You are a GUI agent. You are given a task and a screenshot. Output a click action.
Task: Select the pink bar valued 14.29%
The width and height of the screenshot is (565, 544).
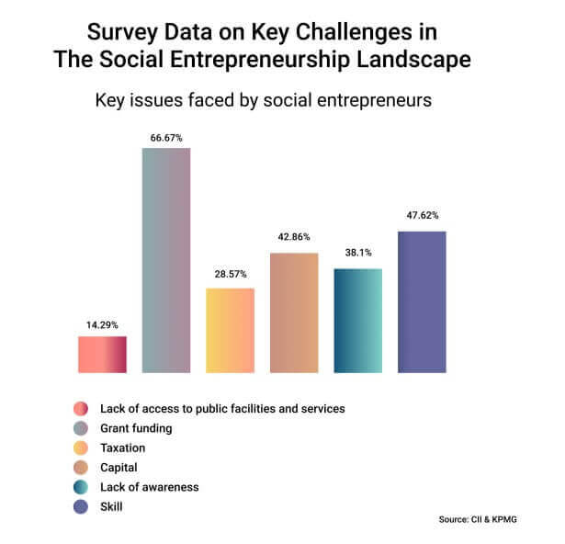(102, 354)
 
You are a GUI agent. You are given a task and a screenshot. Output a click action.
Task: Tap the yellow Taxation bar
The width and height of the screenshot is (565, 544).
(230, 330)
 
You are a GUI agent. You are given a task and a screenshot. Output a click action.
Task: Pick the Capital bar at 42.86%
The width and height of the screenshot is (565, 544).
(294, 312)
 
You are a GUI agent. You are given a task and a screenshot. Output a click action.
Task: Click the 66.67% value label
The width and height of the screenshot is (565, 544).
(166, 139)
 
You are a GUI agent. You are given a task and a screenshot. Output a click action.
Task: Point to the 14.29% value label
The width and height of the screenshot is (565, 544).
(102, 324)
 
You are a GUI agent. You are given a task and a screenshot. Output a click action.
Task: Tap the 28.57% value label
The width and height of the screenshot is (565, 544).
(230, 275)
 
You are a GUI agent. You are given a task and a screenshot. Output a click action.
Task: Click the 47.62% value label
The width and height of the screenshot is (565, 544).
(422, 216)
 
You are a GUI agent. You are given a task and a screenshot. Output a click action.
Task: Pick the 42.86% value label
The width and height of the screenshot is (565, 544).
(294, 237)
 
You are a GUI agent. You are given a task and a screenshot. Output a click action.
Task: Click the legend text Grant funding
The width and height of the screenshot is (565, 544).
(136, 428)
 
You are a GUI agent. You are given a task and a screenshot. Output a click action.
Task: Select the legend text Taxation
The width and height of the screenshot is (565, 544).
(123, 448)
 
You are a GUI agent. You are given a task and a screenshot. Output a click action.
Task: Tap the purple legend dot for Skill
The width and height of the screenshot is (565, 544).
(80, 506)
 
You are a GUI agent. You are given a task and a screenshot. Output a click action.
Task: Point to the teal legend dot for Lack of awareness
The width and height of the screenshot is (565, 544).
(80, 487)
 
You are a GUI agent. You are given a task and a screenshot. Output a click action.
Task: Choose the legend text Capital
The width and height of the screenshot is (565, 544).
(120, 468)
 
